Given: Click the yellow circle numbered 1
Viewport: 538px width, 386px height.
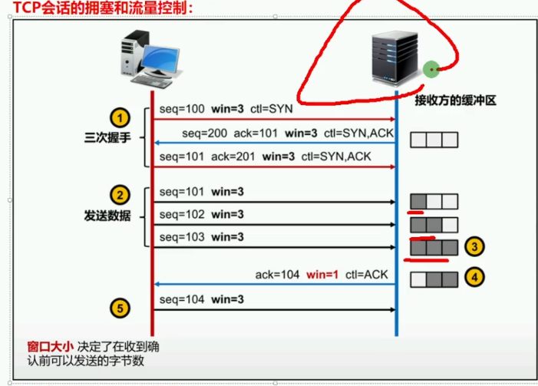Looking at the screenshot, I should [x=119, y=118].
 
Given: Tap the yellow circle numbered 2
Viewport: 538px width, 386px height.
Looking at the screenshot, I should [x=119, y=195].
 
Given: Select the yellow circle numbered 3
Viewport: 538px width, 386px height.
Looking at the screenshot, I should [x=476, y=246].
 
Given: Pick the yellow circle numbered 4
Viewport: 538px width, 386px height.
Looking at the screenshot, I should [x=476, y=276].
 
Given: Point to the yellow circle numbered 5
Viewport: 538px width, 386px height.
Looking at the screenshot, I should [x=119, y=308].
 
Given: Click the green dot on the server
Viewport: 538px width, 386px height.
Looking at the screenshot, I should [x=431, y=70].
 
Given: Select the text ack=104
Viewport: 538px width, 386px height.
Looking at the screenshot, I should [x=276, y=274].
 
